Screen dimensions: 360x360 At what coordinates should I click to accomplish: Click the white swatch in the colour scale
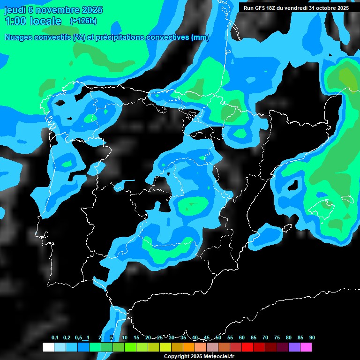pyautogui.click(x=48, y=347)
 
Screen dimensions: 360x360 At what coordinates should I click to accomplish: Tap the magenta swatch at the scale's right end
pyautogui.click(x=306, y=347)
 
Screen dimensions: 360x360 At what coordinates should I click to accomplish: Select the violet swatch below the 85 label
pyautogui.click(x=294, y=347)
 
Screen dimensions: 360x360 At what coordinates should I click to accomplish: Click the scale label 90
pyautogui.click(x=312, y=338)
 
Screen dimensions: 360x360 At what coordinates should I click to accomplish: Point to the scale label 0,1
pyautogui.click(x=55, y=338)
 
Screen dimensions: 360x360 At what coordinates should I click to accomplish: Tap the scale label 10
pyautogui.click(x=125, y=338)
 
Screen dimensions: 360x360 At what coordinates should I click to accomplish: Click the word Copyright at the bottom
pyautogui.click(x=177, y=357)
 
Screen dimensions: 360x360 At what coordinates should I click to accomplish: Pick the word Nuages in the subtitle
pyautogui.click(x=18, y=37)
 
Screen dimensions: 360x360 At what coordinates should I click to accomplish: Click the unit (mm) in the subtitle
pyautogui.click(x=200, y=37)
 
